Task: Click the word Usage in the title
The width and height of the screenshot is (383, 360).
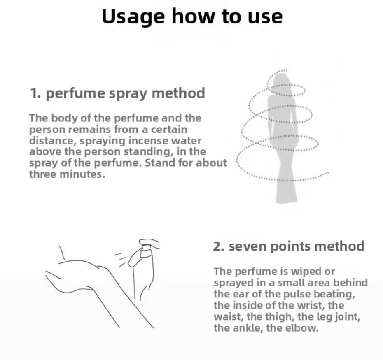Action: click(133, 16)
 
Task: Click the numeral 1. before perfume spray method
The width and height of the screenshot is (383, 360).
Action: click(35, 93)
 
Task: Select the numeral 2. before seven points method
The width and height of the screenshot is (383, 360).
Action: click(219, 246)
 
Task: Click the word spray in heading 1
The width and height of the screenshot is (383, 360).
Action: click(128, 94)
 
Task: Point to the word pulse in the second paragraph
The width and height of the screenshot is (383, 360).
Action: click(297, 294)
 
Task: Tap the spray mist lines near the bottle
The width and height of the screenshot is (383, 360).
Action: click(120, 260)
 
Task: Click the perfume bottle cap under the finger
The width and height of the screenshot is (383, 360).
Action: click(146, 252)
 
